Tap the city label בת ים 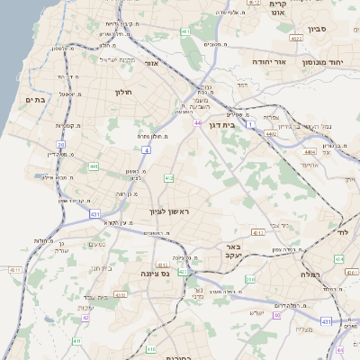[x=35, y=100]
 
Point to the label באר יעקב [x=233, y=251]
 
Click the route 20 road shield [x=61, y=144]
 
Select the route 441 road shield [x=94, y=166]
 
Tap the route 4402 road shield [x=271, y=133]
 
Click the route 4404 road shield [x=310, y=152]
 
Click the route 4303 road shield [x=121, y=294]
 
